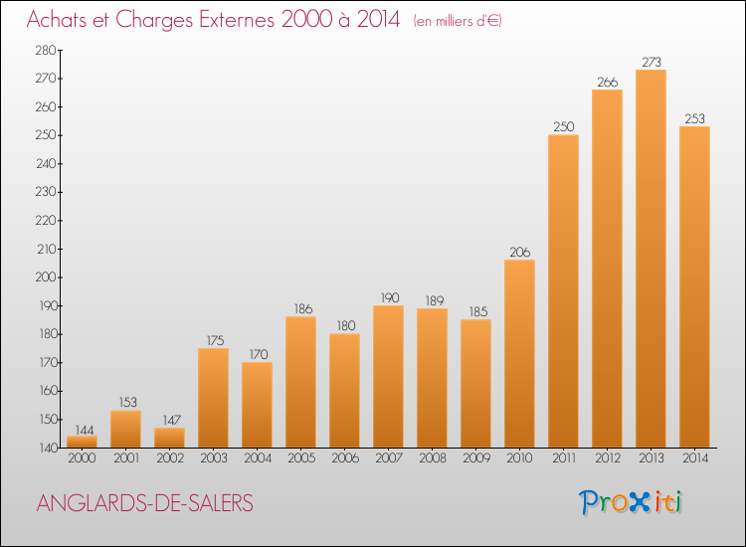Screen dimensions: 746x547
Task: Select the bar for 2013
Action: coord(651,259)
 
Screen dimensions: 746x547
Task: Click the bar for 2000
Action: coord(82,442)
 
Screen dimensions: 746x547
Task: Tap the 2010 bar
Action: coord(519,354)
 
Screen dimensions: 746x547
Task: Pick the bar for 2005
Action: coord(300,383)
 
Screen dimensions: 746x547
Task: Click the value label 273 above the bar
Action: coord(652,62)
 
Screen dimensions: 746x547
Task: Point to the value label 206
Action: coord(519,252)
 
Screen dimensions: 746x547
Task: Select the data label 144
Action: coord(85,430)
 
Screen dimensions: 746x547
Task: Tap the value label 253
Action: coord(694,118)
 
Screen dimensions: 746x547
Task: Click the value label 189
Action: coord(435,300)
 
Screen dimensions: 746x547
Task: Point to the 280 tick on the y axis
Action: coord(46,50)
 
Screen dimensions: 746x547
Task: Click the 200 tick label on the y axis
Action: coord(46,277)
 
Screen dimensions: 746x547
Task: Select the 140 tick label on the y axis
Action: coord(47,448)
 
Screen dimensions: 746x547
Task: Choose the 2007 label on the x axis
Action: coord(389,458)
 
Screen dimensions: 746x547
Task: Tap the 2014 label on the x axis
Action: coord(695,458)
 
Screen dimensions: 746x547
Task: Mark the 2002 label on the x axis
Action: coord(170,458)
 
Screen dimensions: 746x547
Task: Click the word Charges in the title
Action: coord(154,20)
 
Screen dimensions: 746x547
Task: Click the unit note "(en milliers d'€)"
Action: coord(458,21)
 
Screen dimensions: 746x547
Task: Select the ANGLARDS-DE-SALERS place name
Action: coord(144,503)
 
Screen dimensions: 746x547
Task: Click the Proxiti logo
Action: coord(631,503)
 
